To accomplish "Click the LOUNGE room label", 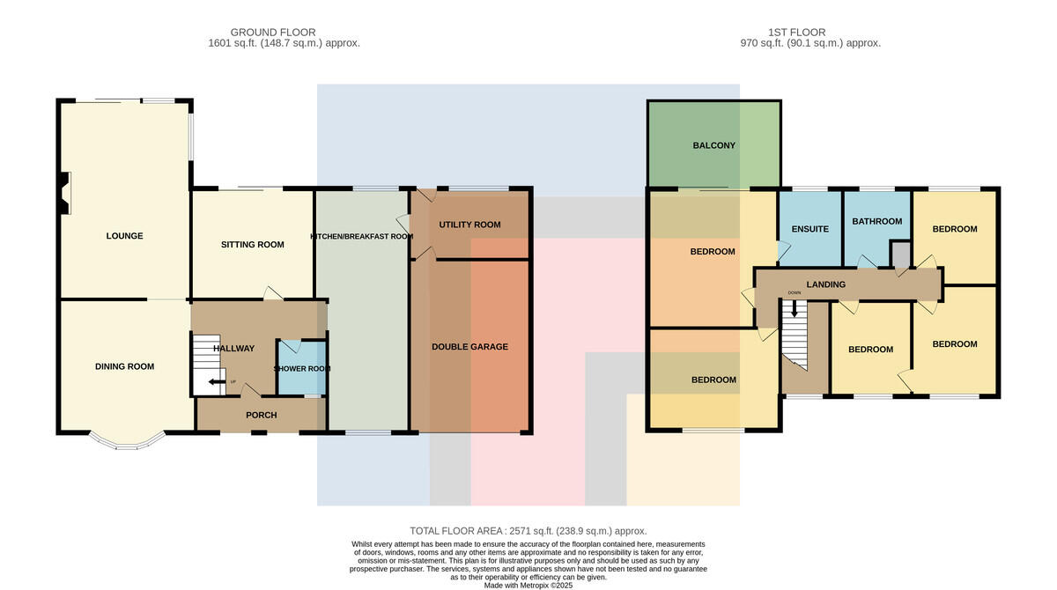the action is [124, 236].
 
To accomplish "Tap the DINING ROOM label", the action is [124, 366].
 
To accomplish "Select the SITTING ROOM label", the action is [253, 244].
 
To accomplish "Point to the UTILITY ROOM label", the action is [469, 225].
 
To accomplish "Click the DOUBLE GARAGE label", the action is [470, 347].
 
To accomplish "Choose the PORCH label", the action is [262, 415].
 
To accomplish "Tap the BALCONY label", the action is [714, 145].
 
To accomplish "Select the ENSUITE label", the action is [810, 229].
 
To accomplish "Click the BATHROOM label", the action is [877, 221].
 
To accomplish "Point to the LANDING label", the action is [826, 284].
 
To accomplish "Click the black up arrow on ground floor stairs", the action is [217, 382].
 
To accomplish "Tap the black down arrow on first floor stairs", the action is [795, 309].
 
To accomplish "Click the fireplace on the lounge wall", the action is [65, 194].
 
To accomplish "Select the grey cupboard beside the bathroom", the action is [900, 254].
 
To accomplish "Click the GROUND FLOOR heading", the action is [273, 32].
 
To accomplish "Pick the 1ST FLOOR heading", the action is [796, 32].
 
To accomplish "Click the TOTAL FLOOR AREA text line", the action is [528, 531].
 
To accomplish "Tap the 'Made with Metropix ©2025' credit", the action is [528, 586].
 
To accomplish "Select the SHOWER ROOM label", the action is [302, 368].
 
